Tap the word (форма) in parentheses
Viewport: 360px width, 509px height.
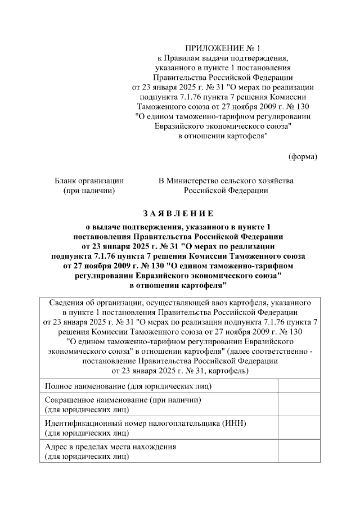pos(303,156)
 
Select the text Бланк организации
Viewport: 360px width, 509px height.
pos(89,181)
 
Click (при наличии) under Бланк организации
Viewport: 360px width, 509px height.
pos(89,191)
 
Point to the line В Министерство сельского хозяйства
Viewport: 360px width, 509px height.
pos(226,181)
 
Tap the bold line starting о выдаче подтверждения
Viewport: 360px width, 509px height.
pos(178,226)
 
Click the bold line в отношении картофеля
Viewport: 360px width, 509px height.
pos(178,286)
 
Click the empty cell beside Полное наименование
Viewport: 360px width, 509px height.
pos(299,386)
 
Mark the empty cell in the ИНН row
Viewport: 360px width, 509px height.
pos(299,427)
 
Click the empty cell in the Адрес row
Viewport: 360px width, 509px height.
pos(299,451)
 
